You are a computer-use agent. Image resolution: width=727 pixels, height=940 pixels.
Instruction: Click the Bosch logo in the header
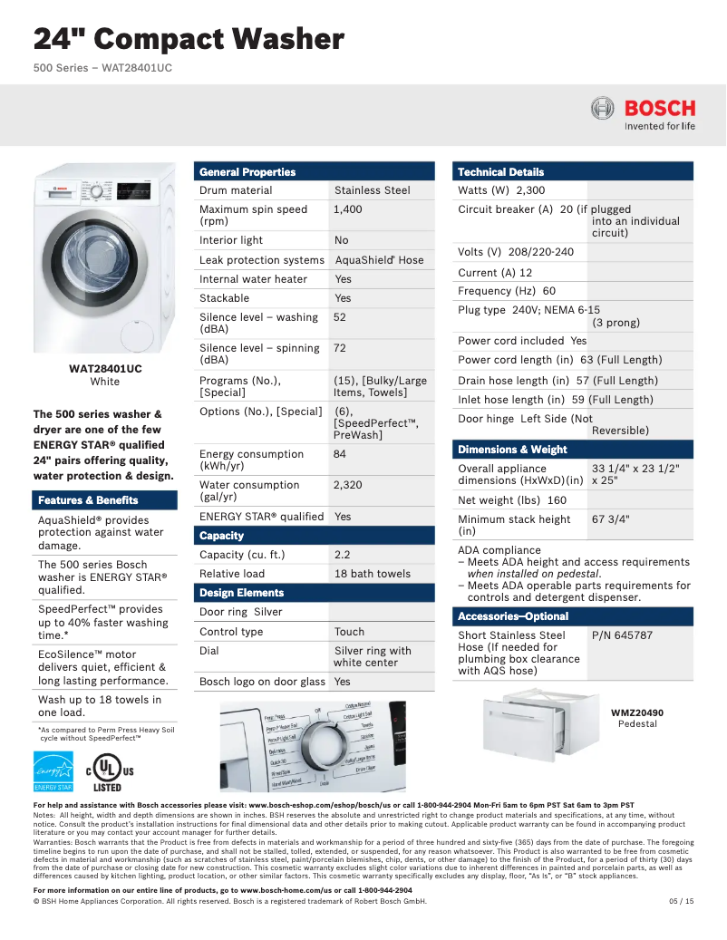point(643,114)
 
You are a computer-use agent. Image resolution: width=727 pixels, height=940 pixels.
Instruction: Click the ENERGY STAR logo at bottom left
point(53,771)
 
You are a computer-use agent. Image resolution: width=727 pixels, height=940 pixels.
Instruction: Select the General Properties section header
point(247,171)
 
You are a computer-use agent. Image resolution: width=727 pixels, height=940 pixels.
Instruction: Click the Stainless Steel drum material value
point(372,190)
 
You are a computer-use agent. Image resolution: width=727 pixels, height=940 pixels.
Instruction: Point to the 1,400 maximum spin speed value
point(347,209)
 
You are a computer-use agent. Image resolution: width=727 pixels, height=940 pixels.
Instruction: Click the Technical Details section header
point(500,171)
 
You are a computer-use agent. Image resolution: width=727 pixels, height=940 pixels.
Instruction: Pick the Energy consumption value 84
point(340,454)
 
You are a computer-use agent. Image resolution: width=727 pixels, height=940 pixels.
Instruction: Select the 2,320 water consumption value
point(347,485)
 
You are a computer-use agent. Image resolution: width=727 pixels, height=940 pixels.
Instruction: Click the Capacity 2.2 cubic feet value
point(342,555)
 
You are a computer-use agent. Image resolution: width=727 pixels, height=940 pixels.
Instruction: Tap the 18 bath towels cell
point(372,574)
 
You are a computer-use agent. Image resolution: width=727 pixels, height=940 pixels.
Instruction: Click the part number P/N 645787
point(622,635)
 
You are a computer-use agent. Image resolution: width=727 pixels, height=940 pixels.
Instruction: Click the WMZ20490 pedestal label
point(636,713)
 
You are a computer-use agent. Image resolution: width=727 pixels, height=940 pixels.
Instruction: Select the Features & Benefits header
point(88,500)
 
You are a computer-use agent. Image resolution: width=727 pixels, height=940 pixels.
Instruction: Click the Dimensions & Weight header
point(512,450)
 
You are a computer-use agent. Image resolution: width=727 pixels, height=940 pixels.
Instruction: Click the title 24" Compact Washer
point(189,39)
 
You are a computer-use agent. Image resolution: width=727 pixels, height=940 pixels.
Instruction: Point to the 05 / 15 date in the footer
point(681,901)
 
